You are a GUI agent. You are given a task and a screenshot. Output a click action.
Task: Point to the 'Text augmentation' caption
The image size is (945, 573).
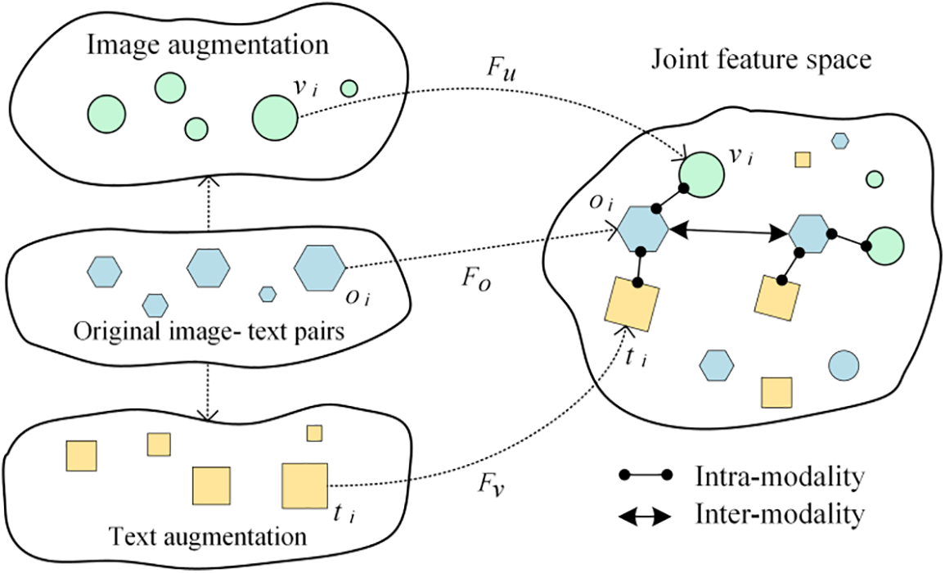click(207, 537)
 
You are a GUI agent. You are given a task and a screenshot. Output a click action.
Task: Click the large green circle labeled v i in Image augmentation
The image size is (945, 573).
click(274, 118)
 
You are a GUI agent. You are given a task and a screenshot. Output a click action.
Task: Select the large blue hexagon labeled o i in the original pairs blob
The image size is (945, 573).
click(320, 267)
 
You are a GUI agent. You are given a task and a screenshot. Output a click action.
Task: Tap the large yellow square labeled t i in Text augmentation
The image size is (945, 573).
click(304, 485)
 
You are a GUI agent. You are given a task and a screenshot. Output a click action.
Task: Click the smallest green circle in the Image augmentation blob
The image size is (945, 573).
click(349, 88)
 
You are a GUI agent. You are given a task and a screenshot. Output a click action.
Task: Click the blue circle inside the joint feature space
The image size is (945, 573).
click(844, 365)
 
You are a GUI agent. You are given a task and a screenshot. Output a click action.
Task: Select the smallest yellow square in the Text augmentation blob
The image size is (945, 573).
click(314, 433)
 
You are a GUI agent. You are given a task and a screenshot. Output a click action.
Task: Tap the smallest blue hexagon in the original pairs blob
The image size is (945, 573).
click(267, 293)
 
